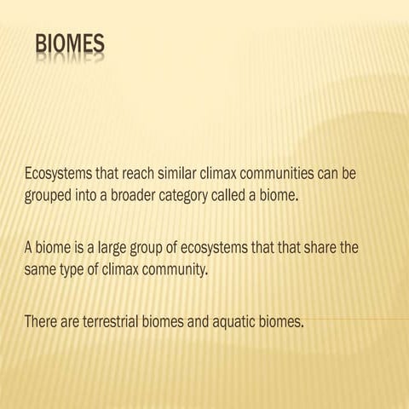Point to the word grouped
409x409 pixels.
pyautogui.click(x=49, y=195)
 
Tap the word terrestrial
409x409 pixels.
pyautogui.click(x=118, y=323)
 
